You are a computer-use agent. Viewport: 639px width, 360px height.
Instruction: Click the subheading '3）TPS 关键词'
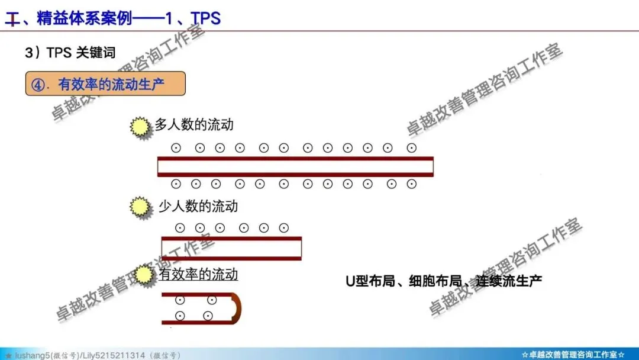70,53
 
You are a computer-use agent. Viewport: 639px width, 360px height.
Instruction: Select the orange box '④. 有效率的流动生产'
105,84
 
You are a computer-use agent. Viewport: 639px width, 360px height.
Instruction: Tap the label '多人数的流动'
194,124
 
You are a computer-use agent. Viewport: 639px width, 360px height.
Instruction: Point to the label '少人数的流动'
198,206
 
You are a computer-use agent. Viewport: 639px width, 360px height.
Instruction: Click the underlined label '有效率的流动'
198,274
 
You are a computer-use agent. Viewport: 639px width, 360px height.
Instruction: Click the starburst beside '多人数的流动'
140,127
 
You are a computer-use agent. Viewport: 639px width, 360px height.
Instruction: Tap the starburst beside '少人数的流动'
140,207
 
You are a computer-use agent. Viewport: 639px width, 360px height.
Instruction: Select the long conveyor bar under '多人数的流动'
295,166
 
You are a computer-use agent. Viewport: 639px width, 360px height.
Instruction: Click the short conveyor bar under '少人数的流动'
231,248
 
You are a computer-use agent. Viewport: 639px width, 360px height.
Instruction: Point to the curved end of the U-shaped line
237,308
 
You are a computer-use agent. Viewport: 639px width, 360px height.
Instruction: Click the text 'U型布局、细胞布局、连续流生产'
444,281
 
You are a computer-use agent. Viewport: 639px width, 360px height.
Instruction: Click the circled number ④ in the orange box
38,85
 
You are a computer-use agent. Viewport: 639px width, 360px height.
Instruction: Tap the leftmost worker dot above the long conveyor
176,148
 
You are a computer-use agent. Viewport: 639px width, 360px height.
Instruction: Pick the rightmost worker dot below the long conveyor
411,184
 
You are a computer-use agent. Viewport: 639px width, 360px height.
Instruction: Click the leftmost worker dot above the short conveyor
180,227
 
